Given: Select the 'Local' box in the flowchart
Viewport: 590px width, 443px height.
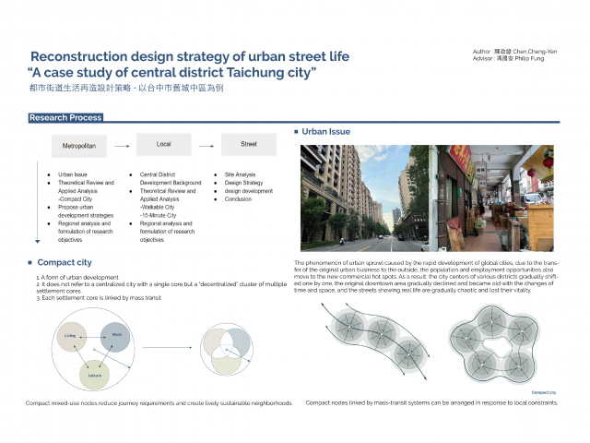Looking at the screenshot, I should coord(163,144).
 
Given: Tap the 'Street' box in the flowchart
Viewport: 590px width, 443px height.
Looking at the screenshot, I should coord(247,144).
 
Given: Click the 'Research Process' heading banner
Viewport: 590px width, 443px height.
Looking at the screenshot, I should coord(65,118).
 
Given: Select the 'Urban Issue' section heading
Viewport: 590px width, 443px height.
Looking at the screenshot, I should coord(326,132).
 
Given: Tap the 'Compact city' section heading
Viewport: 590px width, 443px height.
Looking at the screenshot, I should coord(64,262).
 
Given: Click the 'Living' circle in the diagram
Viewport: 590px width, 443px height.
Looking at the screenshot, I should coord(70,337).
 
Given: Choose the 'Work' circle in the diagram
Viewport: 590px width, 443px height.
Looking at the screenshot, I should coord(115,336).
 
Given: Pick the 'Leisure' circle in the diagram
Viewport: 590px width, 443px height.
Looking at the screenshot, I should coord(94,374).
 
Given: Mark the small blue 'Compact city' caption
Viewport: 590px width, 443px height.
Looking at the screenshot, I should coord(544,392).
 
